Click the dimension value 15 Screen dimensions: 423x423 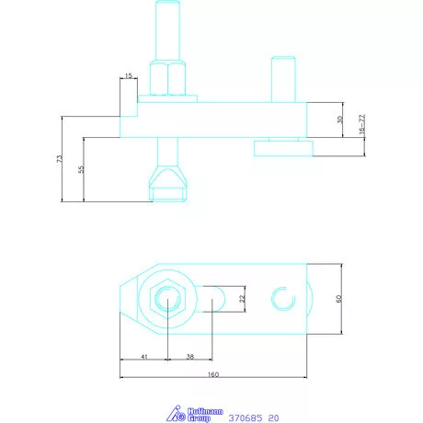click(129, 75)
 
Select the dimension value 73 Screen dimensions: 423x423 click(60, 159)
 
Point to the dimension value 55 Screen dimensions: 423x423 click(81, 169)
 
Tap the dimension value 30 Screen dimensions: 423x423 click(340, 120)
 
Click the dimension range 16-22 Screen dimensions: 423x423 click(362, 124)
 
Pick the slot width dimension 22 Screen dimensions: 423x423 click(243, 299)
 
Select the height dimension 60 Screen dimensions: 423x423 click(338, 299)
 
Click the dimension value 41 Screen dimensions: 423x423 click(144, 357)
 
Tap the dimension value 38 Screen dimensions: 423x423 click(190, 357)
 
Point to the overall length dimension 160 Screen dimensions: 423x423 click(213, 374)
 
